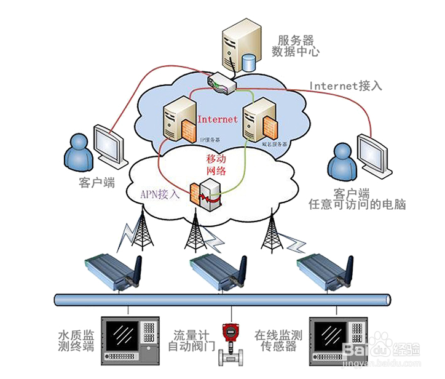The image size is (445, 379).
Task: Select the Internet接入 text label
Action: tap(345, 86)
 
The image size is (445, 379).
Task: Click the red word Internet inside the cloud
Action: tap(217, 119)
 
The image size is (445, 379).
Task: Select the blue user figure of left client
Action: tap(80, 155)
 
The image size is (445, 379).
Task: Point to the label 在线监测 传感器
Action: tap(278, 341)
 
